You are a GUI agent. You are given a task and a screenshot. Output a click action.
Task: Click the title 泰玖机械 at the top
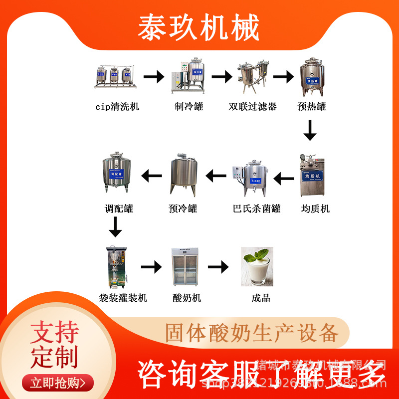pyautogui.click(x=199, y=27)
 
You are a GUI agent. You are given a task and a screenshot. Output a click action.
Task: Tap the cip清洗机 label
pyautogui.click(x=117, y=106)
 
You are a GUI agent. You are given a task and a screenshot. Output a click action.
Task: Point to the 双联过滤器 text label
pyautogui.click(x=253, y=106)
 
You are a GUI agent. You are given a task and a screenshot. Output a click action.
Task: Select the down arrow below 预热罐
pyautogui.click(x=310, y=131)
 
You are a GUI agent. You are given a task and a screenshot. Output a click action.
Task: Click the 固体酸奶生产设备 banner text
pyautogui.click(x=251, y=333)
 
